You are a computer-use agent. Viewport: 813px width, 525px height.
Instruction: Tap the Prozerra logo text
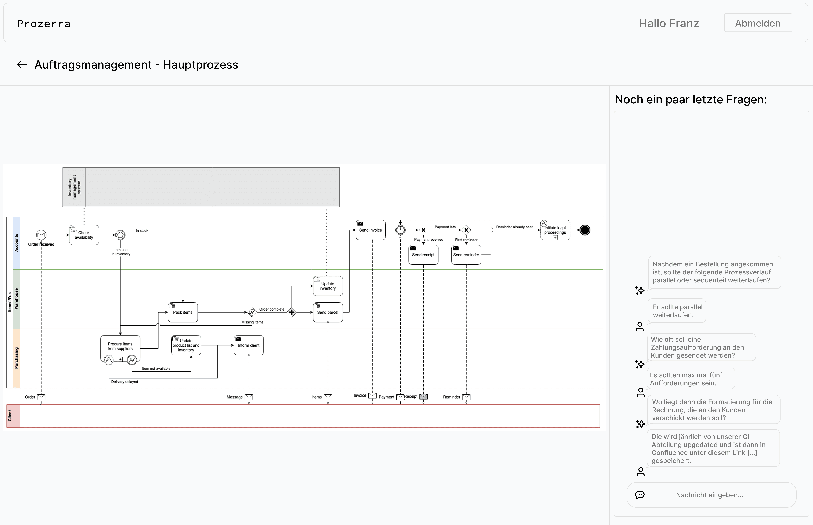44,24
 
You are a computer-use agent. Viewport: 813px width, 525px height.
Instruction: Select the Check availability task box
84,235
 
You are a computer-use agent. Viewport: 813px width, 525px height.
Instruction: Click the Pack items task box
183,312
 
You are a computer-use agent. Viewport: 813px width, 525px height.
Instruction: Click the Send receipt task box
423,255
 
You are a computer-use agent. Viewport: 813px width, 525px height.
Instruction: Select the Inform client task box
249,345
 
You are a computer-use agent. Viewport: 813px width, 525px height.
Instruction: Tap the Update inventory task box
328,286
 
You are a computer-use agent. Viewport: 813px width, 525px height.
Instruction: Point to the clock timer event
401,230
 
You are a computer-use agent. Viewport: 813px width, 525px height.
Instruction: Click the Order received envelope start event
41,235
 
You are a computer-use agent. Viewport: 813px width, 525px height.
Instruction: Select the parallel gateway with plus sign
292,312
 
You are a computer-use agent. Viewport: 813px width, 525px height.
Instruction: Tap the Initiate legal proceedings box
555,230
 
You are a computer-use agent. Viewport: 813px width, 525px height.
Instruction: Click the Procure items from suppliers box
120,348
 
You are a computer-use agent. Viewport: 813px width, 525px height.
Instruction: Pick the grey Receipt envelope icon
423,397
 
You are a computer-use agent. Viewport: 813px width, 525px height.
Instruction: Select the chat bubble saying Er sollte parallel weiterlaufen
677,311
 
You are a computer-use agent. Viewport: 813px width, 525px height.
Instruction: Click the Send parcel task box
328,312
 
